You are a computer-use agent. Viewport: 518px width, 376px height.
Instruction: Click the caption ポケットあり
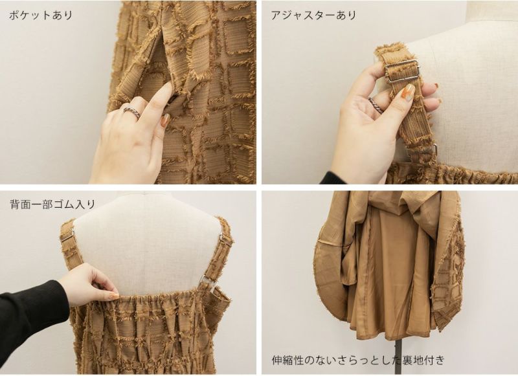[41, 15]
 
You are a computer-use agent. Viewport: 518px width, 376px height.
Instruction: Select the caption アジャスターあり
[313, 15]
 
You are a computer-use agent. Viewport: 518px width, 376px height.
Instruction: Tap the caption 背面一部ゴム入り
[52, 205]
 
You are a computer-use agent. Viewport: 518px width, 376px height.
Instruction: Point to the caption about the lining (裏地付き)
[358, 360]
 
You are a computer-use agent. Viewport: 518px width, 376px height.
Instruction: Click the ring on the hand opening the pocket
[132, 111]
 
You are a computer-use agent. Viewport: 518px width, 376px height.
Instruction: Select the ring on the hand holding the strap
[376, 105]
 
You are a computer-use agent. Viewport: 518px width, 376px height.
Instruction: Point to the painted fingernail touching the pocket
[165, 120]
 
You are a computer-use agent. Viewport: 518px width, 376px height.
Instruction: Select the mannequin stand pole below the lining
[399, 357]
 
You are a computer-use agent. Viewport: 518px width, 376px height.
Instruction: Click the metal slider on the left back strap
[68, 235]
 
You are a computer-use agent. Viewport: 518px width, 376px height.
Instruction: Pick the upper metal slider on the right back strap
[225, 239]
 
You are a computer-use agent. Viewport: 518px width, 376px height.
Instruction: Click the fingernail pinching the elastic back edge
[113, 296]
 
